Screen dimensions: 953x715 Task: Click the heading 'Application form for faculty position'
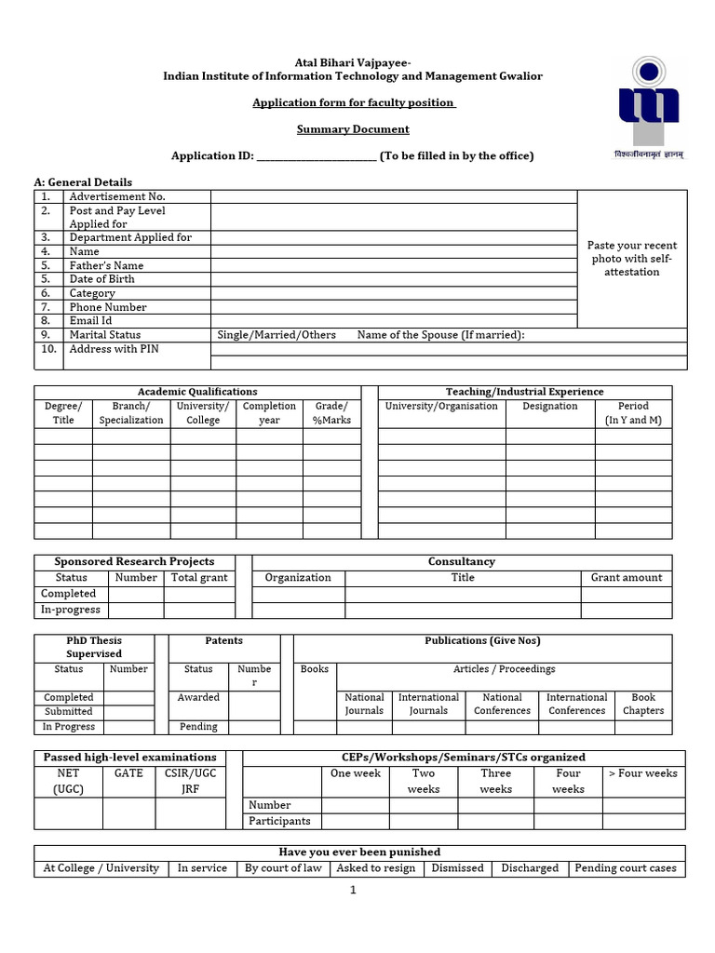coord(354,102)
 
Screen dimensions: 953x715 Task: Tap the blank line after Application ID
coord(316,156)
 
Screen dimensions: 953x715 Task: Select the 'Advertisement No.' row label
coord(116,196)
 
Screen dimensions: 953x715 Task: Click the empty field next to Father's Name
coord(394,265)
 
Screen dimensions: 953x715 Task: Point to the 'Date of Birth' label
coord(101,279)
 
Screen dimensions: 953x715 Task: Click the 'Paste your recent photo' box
coord(632,259)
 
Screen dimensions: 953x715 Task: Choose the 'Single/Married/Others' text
coord(277,335)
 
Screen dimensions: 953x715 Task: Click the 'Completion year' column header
coord(269,413)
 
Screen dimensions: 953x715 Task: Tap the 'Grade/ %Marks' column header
coord(331,413)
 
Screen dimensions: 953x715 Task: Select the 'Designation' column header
coord(550,407)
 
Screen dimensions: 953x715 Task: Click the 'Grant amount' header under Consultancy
coord(627,578)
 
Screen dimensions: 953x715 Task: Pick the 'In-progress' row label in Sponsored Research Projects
coord(71,610)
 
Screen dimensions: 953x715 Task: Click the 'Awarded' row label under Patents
coord(198,697)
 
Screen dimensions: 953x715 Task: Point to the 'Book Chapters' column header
coord(643,704)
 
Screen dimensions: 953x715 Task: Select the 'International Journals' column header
coord(428,704)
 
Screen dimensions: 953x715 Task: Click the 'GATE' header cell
coord(128,773)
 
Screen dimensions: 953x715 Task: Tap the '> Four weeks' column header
coord(642,773)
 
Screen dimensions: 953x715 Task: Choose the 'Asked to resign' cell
coord(376,868)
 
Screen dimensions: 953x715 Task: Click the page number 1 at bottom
coord(354,891)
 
